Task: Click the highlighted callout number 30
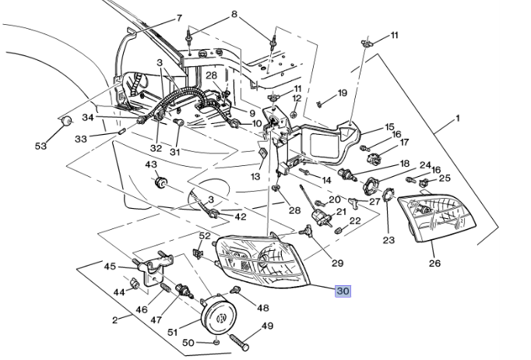click(343, 291)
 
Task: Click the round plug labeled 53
click(67, 122)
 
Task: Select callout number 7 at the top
click(178, 18)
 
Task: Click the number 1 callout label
click(458, 118)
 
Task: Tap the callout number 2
click(116, 319)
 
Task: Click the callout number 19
click(342, 94)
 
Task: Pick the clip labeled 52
click(199, 254)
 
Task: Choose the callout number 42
click(240, 217)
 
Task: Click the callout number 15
click(389, 126)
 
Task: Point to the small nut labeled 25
click(424, 184)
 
